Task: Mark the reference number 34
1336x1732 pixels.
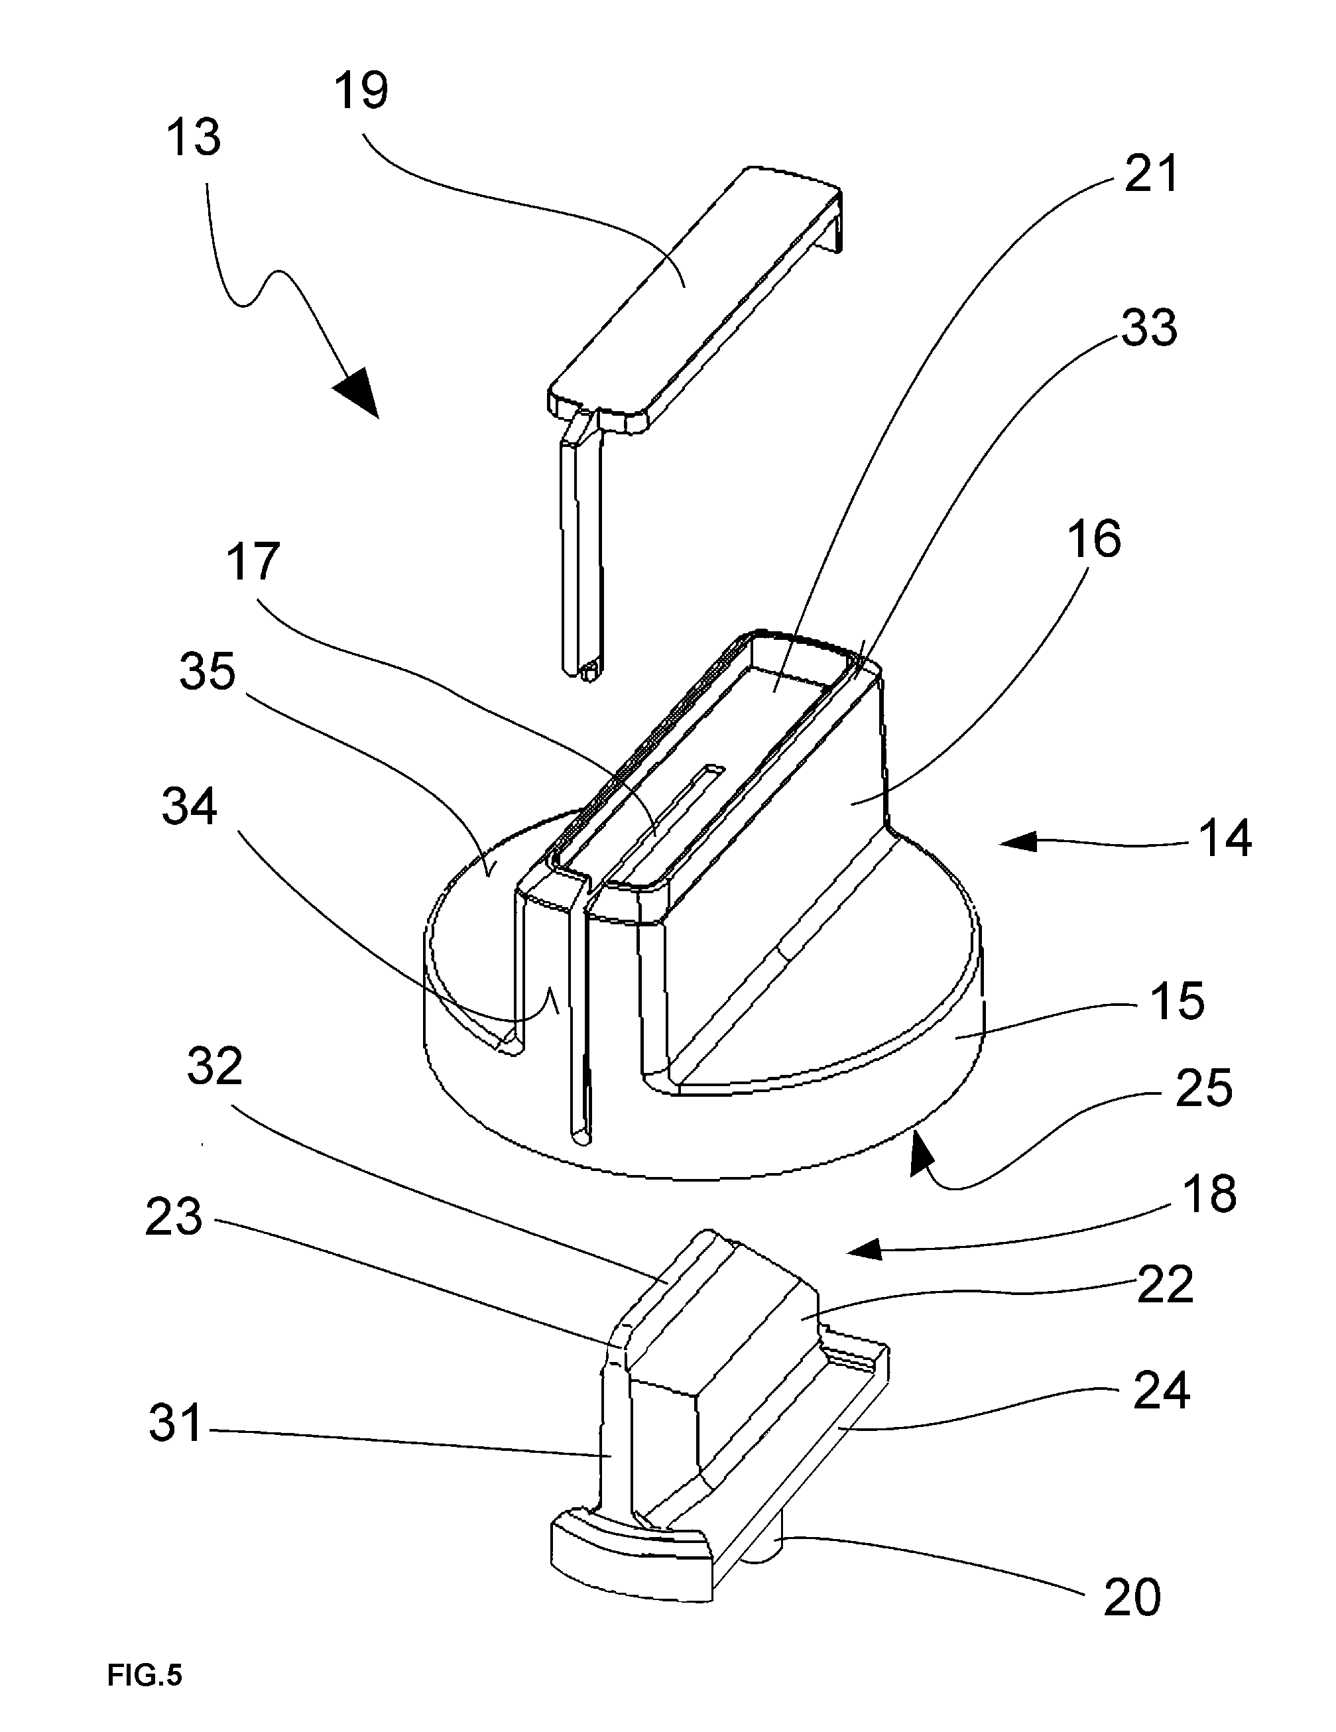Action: click(x=190, y=807)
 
